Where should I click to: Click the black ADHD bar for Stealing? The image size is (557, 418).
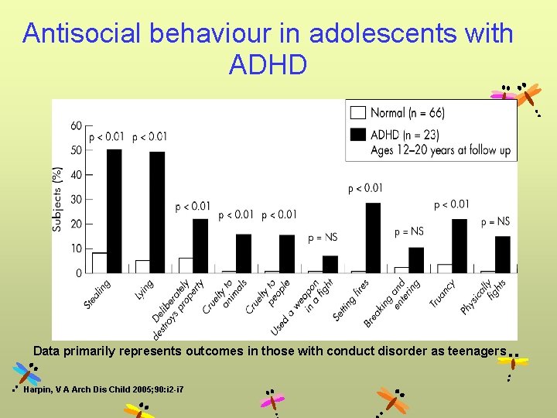click(x=114, y=211)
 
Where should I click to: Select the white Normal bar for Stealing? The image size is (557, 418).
click(x=99, y=263)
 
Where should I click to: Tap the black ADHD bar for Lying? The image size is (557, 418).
click(x=157, y=212)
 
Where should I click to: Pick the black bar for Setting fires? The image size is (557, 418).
click(x=373, y=238)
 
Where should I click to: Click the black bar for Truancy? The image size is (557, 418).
click(x=459, y=246)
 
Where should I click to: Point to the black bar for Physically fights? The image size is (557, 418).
click(x=502, y=255)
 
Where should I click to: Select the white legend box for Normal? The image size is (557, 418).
click(x=358, y=112)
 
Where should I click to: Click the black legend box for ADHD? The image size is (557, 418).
click(x=358, y=134)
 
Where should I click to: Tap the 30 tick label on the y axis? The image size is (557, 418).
click(x=76, y=199)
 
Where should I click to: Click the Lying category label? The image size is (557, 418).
click(x=145, y=290)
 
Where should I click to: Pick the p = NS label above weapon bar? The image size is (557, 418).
click(x=323, y=237)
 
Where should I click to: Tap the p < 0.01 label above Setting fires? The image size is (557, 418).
click(x=365, y=188)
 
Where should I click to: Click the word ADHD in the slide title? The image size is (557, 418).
click(x=268, y=66)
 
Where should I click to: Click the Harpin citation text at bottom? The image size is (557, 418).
click(x=103, y=389)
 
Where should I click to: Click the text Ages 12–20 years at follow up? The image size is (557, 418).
click(x=441, y=150)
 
